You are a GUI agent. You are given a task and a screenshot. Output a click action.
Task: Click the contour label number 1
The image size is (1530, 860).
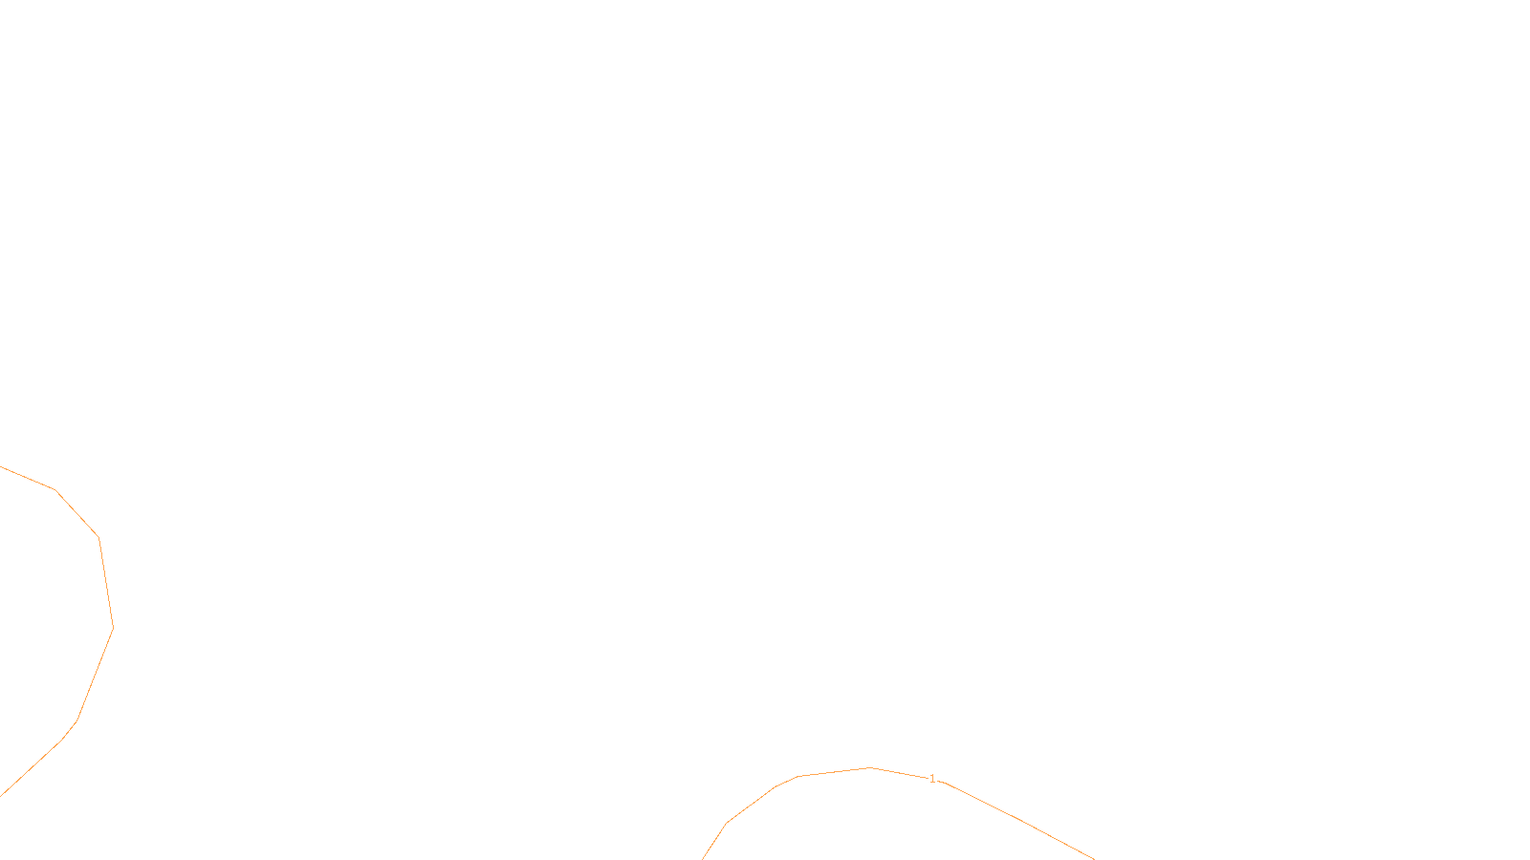coord(932,779)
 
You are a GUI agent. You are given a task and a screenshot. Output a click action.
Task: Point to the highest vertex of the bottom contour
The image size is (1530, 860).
coord(870,767)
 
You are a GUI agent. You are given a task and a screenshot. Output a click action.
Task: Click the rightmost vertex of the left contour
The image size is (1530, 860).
coord(113,628)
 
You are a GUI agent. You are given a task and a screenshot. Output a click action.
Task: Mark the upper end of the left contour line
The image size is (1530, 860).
coord(1,467)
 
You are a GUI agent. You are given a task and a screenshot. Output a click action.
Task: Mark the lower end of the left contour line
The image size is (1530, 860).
coord(1,795)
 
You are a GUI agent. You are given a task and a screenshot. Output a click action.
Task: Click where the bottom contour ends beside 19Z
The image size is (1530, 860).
coord(704,858)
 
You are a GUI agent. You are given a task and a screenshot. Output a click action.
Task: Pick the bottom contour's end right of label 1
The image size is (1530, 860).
coord(1093,858)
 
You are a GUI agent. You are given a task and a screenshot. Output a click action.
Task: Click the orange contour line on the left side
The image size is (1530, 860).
coord(106,583)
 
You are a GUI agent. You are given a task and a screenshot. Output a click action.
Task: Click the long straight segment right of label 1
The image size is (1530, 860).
coord(1018,820)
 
